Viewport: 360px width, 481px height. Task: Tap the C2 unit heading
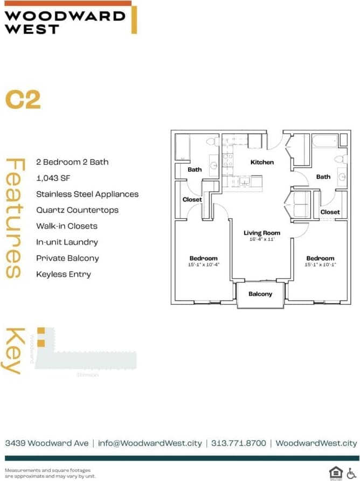click(23, 100)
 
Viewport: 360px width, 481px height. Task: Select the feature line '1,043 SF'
click(54, 178)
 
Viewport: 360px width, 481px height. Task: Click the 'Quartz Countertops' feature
click(77, 210)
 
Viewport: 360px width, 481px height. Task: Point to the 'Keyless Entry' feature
click(64, 274)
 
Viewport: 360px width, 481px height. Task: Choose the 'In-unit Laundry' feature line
click(67, 242)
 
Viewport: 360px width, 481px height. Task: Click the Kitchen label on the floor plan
click(262, 162)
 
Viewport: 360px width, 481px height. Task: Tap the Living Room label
click(262, 233)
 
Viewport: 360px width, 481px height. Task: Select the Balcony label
click(260, 294)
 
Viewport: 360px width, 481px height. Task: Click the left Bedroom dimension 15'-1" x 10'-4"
click(203, 265)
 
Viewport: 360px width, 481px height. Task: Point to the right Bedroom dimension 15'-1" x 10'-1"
click(320, 265)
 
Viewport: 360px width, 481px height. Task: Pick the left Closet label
click(192, 199)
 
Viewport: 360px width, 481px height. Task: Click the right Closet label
click(330, 212)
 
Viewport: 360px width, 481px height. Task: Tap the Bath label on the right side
click(323, 177)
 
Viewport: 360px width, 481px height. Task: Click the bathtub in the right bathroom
click(324, 141)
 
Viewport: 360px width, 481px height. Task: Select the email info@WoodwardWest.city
click(150, 443)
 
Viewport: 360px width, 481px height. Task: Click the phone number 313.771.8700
click(239, 443)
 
